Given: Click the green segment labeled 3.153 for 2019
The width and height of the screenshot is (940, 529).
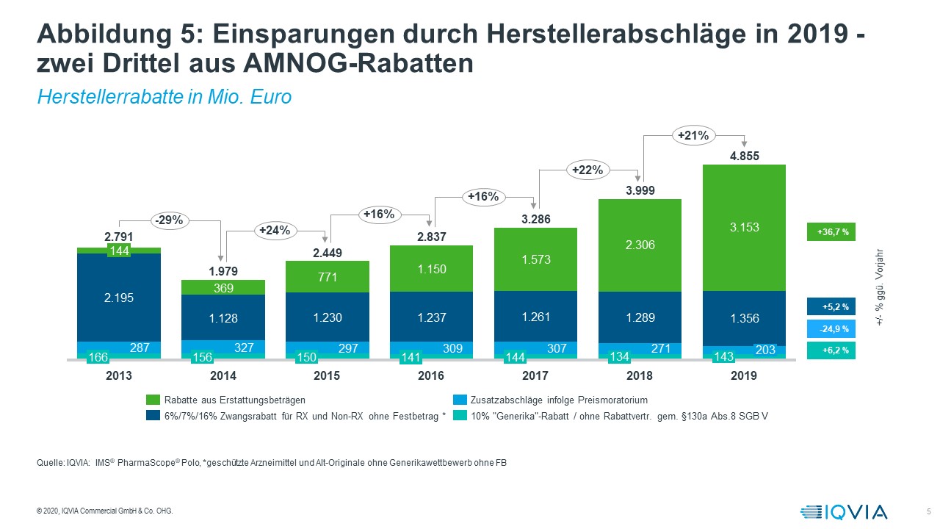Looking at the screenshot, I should [744, 227].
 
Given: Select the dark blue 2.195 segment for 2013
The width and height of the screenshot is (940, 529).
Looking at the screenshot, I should [119, 297].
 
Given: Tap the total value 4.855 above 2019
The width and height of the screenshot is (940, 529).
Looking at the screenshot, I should [744, 156].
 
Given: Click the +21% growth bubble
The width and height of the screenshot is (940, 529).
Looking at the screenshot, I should [693, 135].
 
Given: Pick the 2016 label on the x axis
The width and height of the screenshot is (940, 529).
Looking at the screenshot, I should [431, 375].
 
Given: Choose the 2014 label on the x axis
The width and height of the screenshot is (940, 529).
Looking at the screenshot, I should [223, 375].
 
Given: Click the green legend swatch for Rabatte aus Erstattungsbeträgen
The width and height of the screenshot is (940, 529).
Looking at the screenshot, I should [153, 400].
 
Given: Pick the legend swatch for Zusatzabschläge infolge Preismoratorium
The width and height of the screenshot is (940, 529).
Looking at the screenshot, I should [460, 400].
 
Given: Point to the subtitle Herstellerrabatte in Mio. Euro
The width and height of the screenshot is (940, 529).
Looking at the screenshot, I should [164, 97].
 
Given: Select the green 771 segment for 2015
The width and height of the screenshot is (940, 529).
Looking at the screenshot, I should [327, 276].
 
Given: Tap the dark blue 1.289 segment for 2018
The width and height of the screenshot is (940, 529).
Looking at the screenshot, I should [640, 318].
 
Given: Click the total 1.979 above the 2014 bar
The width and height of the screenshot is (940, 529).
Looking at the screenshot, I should [223, 272].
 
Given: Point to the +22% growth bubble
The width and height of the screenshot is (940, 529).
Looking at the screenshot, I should [587, 170].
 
